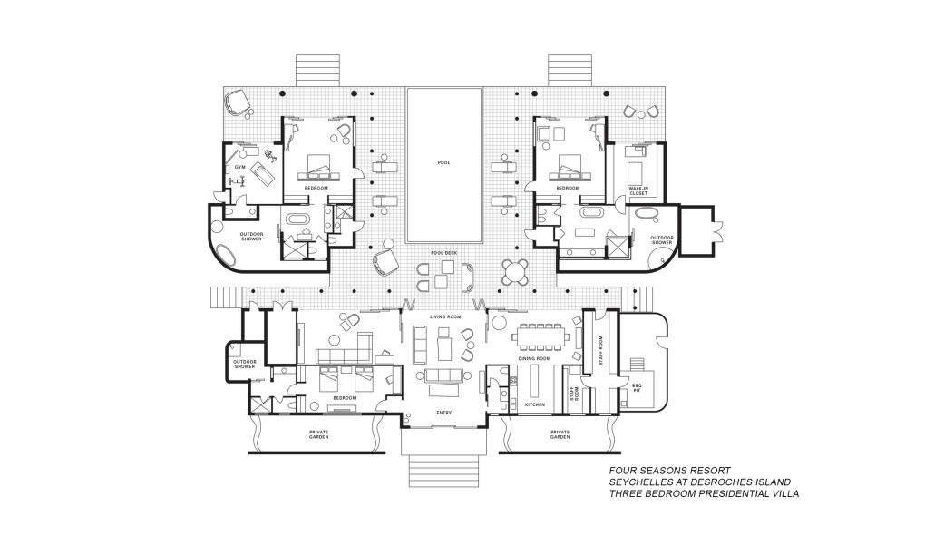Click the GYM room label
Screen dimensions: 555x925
click(240, 168)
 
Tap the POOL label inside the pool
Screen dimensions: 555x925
click(443, 162)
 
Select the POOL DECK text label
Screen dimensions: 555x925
click(443, 252)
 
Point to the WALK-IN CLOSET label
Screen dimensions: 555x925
click(638, 191)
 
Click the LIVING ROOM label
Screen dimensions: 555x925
click(445, 316)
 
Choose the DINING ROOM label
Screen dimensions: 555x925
click(534, 359)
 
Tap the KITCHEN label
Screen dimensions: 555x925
click(534, 404)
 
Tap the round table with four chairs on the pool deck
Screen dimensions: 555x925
click(514, 270)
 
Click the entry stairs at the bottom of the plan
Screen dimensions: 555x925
click(443, 470)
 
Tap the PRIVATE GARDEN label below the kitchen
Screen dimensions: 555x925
click(560, 434)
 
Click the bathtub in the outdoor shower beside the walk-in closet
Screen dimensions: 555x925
click(647, 215)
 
